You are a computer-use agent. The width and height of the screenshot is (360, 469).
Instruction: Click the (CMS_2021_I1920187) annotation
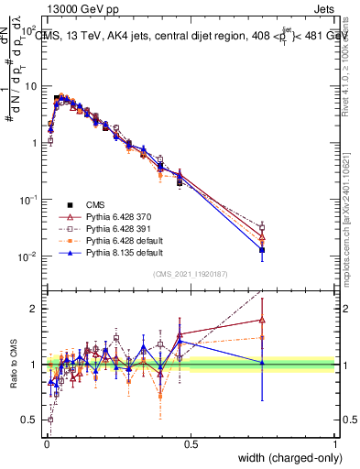(x=191, y=273)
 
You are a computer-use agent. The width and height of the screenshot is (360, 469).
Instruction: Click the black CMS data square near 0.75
(x=262, y=250)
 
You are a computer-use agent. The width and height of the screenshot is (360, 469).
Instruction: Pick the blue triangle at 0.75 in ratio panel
(x=262, y=363)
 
